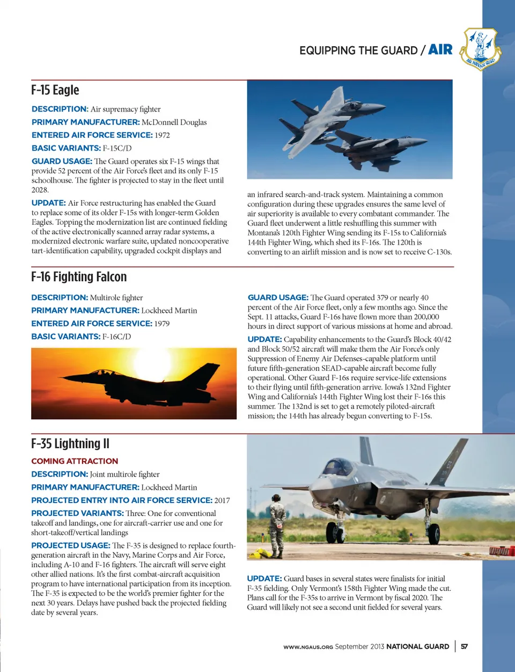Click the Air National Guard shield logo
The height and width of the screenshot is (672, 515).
481,49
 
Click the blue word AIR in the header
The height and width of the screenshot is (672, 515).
440,50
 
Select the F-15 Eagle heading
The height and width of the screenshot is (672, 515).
55,90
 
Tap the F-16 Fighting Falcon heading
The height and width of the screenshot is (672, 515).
79,277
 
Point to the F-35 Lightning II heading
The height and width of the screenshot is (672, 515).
70,444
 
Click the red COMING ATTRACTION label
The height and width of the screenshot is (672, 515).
75,461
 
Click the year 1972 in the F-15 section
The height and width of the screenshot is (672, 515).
162,135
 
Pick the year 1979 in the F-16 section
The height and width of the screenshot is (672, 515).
162,324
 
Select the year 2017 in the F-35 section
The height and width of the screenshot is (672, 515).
222,500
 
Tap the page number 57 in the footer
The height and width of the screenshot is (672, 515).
464,646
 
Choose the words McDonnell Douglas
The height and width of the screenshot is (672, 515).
174,122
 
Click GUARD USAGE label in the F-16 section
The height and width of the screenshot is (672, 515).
278,297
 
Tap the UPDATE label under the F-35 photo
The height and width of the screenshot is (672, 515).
264,579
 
